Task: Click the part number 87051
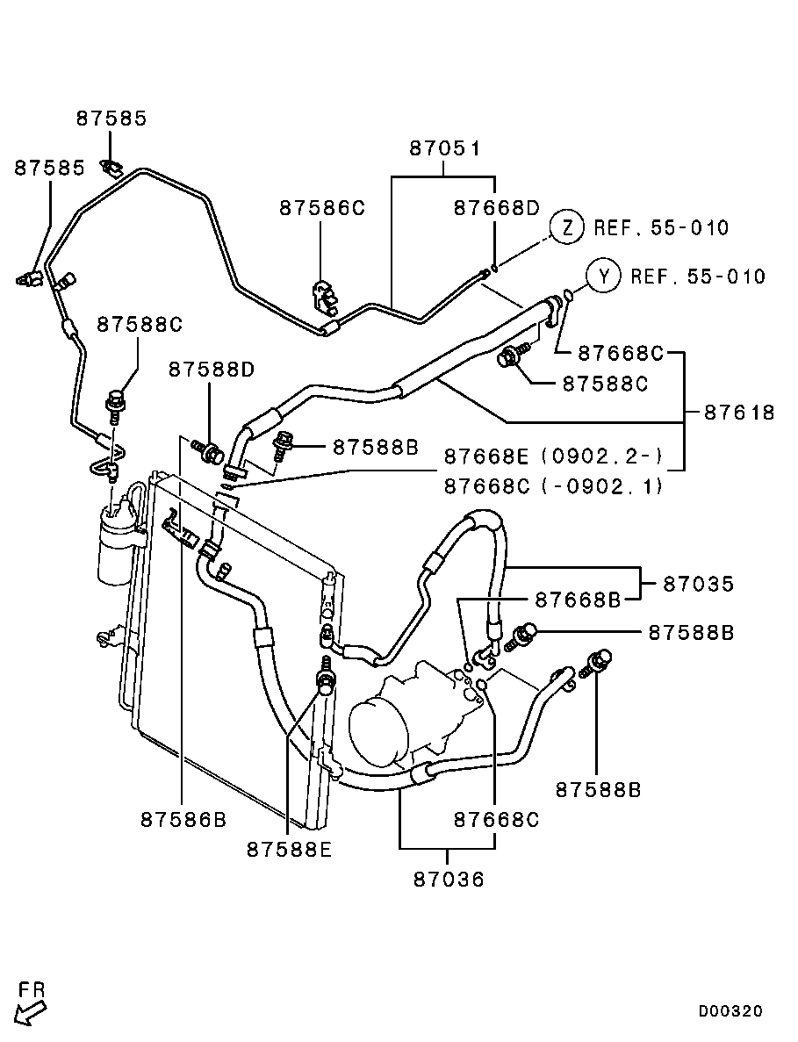pyautogui.click(x=445, y=148)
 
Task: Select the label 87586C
pyautogui.click(x=321, y=208)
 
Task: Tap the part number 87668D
pyautogui.click(x=496, y=208)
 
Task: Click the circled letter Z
pyautogui.click(x=567, y=227)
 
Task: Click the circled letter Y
pyautogui.click(x=604, y=277)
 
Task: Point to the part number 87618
pyautogui.click(x=738, y=412)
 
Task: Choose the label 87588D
pyautogui.click(x=212, y=370)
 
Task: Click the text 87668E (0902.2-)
pyautogui.click(x=553, y=456)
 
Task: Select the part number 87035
pyautogui.click(x=698, y=583)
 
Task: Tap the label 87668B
pyautogui.click(x=578, y=600)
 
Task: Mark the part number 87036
pyautogui.click(x=448, y=879)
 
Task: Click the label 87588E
pyautogui.click(x=289, y=849)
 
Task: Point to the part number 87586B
pyautogui.click(x=183, y=819)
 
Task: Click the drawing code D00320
pyautogui.click(x=730, y=1011)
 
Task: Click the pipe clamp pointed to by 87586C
pyautogui.click(x=323, y=294)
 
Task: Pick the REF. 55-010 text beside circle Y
pyautogui.click(x=697, y=277)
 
